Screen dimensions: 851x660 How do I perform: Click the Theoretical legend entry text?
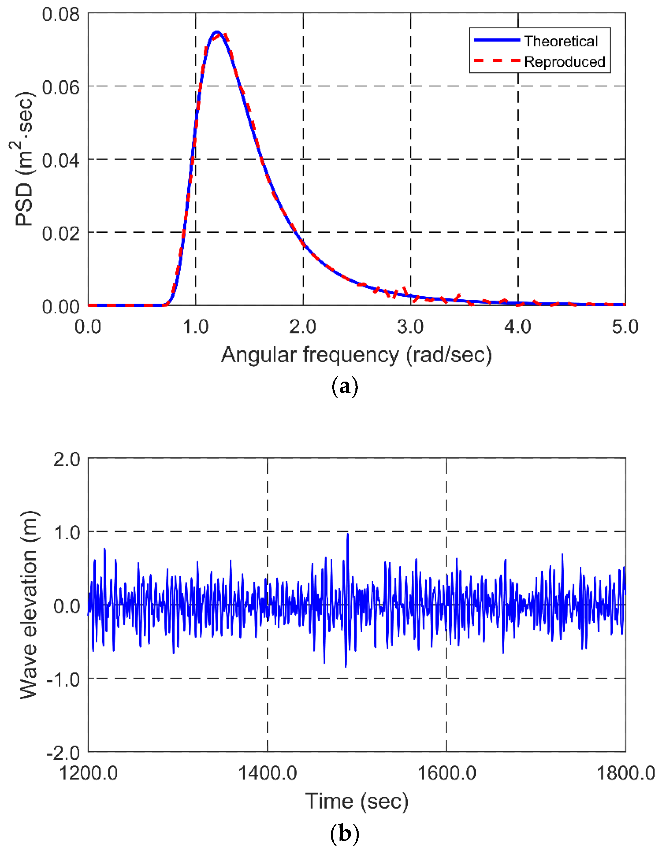click(x=560, y=41)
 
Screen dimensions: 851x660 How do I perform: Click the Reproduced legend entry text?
click(x=564, y=62)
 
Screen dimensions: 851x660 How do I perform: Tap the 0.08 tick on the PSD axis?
click(x=61, y=14)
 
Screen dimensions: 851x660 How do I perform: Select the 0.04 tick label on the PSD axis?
click(x=61, y=160)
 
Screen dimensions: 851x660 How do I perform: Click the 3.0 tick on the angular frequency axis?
click(x=410, y=326)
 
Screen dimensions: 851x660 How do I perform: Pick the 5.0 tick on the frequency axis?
click(x=624, y=326)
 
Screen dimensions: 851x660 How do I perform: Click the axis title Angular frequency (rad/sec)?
click(x=356, y=355)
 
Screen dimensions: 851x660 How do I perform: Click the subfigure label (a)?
click(x=344, y=387)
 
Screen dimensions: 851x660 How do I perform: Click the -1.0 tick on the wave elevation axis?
click(x=63, y=680)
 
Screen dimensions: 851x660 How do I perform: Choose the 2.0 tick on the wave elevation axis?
click(x=66, y=460)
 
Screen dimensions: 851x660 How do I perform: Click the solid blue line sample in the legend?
click(x=497, y=40)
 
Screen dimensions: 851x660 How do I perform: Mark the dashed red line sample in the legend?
click(x=497, y=61)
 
